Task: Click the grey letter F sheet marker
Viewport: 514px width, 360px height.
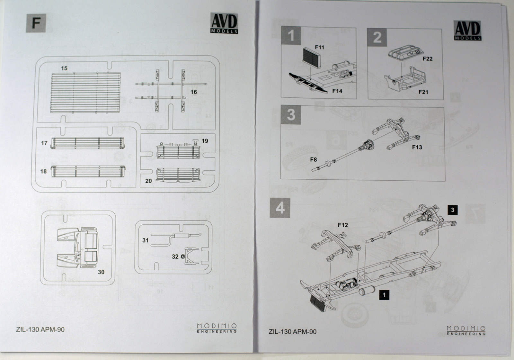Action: tap(36, 23)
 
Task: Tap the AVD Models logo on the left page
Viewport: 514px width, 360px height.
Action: tap(224, 23)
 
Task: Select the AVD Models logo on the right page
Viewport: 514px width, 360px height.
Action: tap(468, 30)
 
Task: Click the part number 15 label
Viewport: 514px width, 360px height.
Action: tap(64, 68)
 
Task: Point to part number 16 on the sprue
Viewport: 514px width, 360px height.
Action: tap(193, 92)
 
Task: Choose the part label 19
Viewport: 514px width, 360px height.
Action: tap(205, 141)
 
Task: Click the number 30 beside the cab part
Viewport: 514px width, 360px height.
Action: tap(101, 272)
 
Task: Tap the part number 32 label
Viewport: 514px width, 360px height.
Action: tap(175, 256)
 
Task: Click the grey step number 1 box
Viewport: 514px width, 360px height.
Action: tap(291, 36)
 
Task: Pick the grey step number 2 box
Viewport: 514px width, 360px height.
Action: tap(377, 38)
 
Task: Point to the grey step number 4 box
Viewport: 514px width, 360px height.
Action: tap(280, 208)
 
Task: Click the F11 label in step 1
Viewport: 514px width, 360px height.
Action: tap(319, 47)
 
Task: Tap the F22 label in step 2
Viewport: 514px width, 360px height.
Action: tap(427, 59)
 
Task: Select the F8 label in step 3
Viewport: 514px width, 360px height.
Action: tap(314, 159)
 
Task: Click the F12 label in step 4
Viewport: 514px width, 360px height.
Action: tap(343, 225)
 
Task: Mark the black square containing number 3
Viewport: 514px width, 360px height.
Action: tap(453, 210)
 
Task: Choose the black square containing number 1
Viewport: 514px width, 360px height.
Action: tap(384, 294)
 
